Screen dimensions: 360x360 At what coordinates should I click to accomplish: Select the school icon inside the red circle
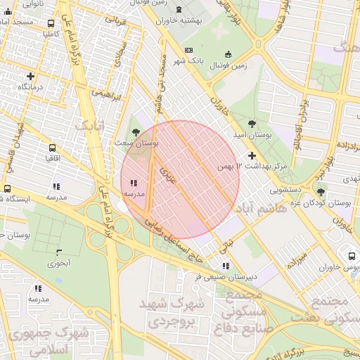[x=134, y=183]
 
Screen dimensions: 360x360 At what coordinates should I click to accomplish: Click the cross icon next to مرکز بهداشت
[x=252, y=155]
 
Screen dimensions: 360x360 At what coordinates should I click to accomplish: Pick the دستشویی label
[x=288, y=190]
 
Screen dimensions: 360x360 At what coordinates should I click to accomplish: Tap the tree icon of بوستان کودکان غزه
[x=321, y=192]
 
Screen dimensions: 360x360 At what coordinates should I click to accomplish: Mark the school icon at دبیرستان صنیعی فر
[x=226, y=266]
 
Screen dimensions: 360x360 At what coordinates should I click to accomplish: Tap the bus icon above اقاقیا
[x=52, y=148]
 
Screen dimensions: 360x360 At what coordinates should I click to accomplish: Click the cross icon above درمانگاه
[x=30, y=76]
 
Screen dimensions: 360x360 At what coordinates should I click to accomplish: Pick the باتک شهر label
[x=207, y=61]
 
